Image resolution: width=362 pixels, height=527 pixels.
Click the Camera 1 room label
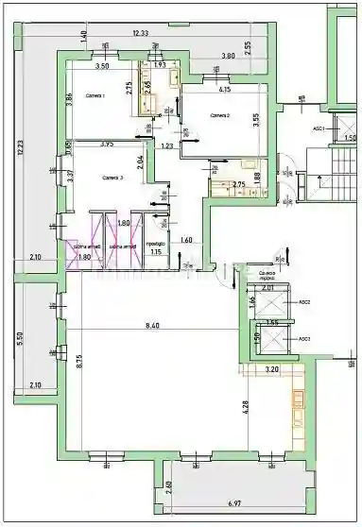tap(95, 96)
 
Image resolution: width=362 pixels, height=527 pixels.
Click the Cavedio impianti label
tap(273, 278)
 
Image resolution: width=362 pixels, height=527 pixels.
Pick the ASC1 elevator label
tap(319, 127)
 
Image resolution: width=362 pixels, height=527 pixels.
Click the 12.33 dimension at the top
tap(141, 33)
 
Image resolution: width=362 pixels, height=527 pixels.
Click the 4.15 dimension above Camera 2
tap(225, 90)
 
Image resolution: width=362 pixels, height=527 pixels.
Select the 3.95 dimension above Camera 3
tap(107, 144)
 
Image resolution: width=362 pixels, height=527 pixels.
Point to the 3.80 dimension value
tap(228, 57)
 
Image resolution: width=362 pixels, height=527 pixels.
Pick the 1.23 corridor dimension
tap(167, 145)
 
